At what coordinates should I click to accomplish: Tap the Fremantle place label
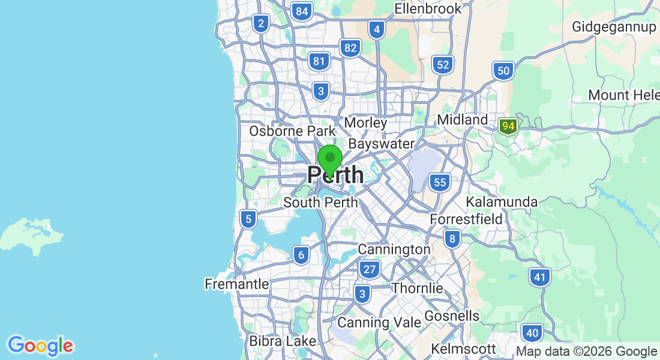point(236,284)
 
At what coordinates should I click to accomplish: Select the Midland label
point(462,119)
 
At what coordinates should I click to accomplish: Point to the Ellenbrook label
point(428,8)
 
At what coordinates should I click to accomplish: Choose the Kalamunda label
point(502,201)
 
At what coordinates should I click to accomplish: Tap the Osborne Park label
point(292,130)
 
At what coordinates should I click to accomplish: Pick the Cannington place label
point(394,248)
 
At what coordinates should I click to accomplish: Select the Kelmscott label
point(463,349)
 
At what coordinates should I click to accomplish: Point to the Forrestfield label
point(466,220)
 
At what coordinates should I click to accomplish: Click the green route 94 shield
point(508,127)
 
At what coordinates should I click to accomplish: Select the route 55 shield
point(440,182)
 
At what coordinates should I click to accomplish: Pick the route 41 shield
point(540,277)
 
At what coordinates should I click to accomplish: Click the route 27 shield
point(370,269)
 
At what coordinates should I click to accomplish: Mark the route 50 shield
point(503,71)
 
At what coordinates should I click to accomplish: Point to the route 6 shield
point(301,256)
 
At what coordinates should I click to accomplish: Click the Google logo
point(40,346)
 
